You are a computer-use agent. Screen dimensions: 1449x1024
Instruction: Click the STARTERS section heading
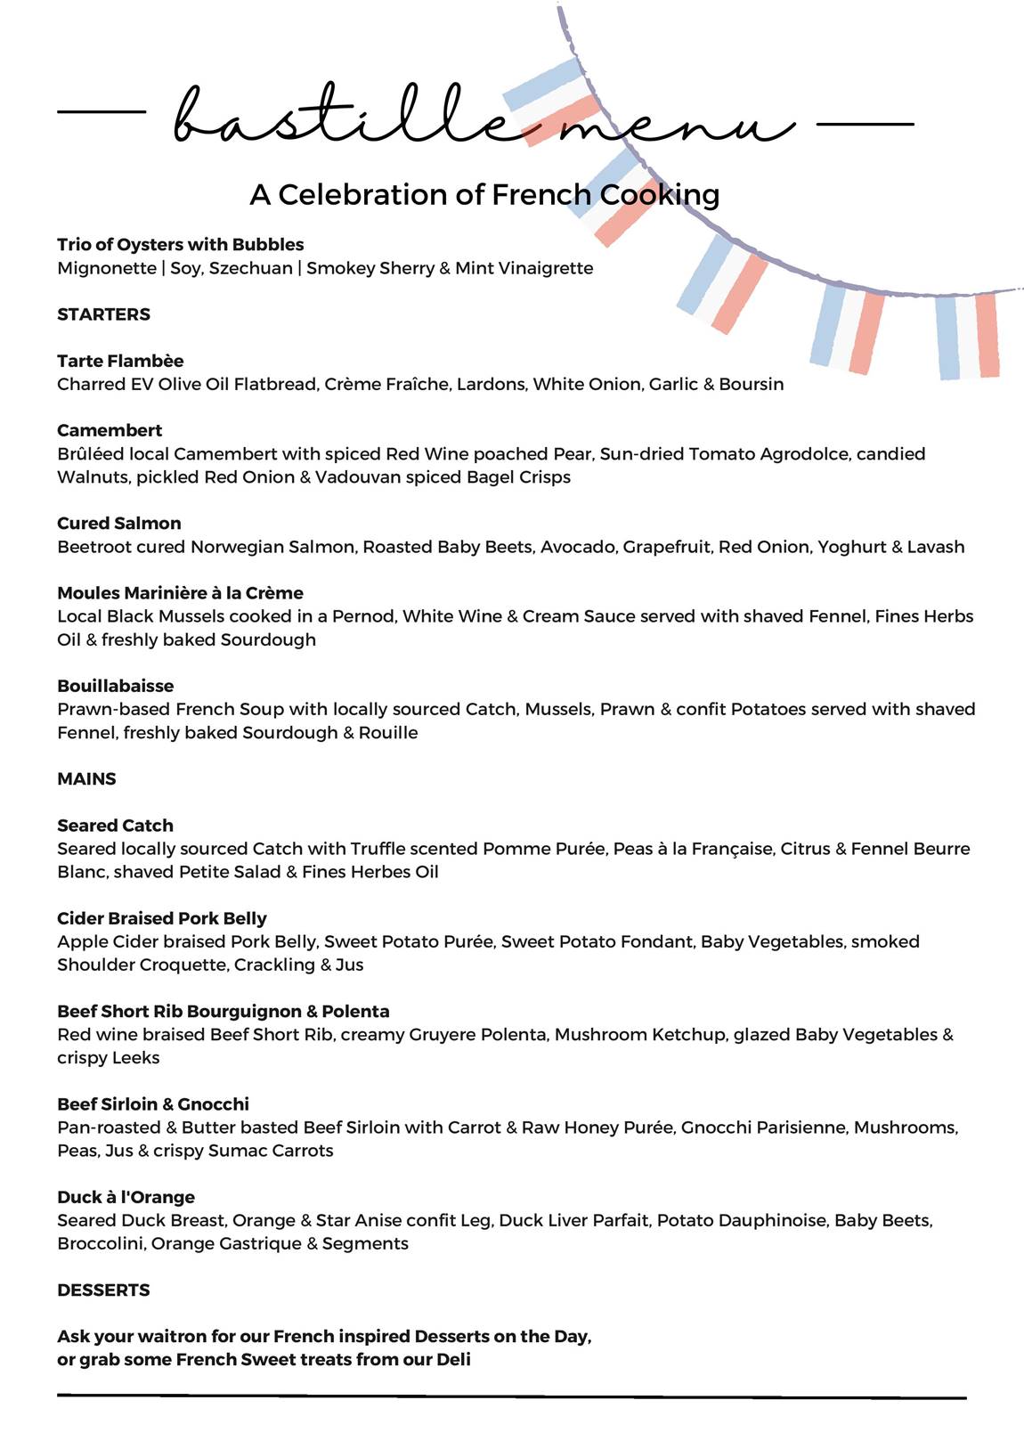click(x=103, y=314)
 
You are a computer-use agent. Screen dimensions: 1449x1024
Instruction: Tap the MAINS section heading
click(x=86, y=779)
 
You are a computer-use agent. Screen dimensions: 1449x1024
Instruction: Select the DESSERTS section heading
click(x=103, y=1290)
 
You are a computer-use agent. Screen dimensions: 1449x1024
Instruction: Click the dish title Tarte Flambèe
click(x=120, y=361)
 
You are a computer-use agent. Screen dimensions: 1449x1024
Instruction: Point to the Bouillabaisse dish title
click(x=115, y=686)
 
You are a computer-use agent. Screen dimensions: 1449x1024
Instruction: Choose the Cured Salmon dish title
click(x=118, y=524)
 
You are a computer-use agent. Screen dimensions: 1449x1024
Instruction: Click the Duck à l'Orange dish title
click(x=126, y=1197)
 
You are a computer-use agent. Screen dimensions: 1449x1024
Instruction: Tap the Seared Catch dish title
click(x=115, y=826)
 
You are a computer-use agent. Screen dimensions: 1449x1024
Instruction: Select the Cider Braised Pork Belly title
click(x=161, y=918)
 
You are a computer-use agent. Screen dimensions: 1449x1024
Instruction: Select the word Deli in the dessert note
click(x=453, y=1360)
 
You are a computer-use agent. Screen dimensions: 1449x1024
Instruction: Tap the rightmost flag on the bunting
click(x=966, y=335)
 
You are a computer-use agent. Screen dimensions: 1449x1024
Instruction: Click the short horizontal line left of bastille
click(x=101, y=112)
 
